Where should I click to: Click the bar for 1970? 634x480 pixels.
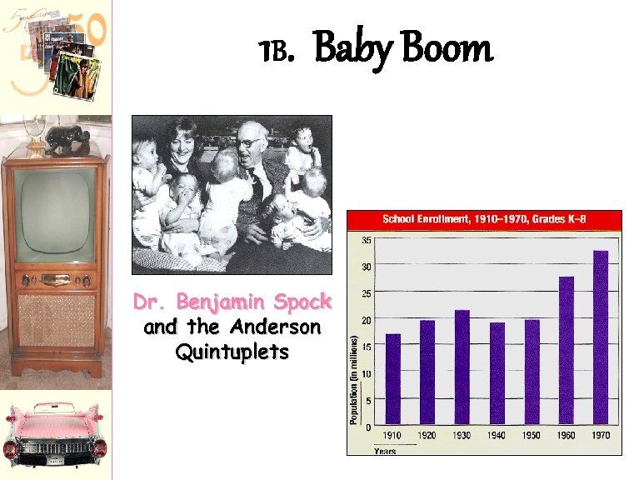coord(601,337)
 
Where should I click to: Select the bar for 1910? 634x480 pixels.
coord(393,378)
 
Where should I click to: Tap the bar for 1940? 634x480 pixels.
coord(497,372)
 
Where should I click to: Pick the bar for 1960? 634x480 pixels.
coord(567,350)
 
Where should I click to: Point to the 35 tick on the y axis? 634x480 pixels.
coord(367,240)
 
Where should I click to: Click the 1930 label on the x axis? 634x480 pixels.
coord(462,436)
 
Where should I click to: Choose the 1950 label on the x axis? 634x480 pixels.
coord(532,436)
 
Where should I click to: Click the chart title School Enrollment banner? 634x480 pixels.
coord(484,219)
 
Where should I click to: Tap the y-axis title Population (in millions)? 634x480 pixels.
coord(354,380)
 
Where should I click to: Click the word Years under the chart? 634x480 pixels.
coord(385,450)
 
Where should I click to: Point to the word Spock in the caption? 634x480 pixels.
coord(304,302)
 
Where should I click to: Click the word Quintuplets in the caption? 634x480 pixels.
coord(232,352)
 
